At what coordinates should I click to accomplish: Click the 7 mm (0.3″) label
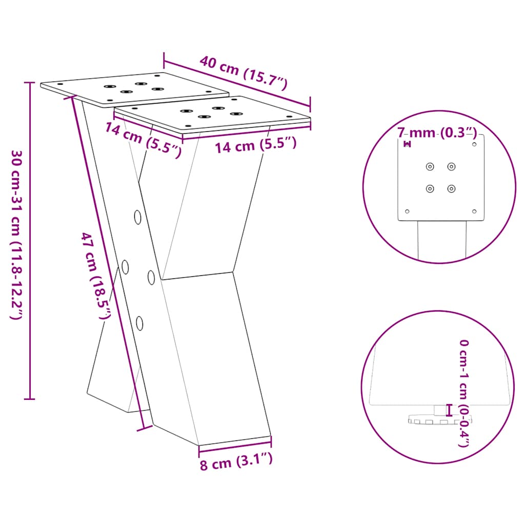[x=437, y=133]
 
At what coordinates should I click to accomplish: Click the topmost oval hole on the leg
[x=138, y=217]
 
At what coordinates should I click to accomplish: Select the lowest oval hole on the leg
[x=139, y=322]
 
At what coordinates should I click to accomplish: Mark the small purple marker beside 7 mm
[x=408, y=144]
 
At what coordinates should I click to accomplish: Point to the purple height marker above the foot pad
[x=450, y=410]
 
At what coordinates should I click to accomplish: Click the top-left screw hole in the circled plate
[x=430, y=166]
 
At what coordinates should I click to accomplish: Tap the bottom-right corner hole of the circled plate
[x=474, y=211]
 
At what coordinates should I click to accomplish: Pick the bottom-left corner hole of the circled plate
[x=407, y=211]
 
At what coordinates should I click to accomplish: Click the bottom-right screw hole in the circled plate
[x=451, y=189]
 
